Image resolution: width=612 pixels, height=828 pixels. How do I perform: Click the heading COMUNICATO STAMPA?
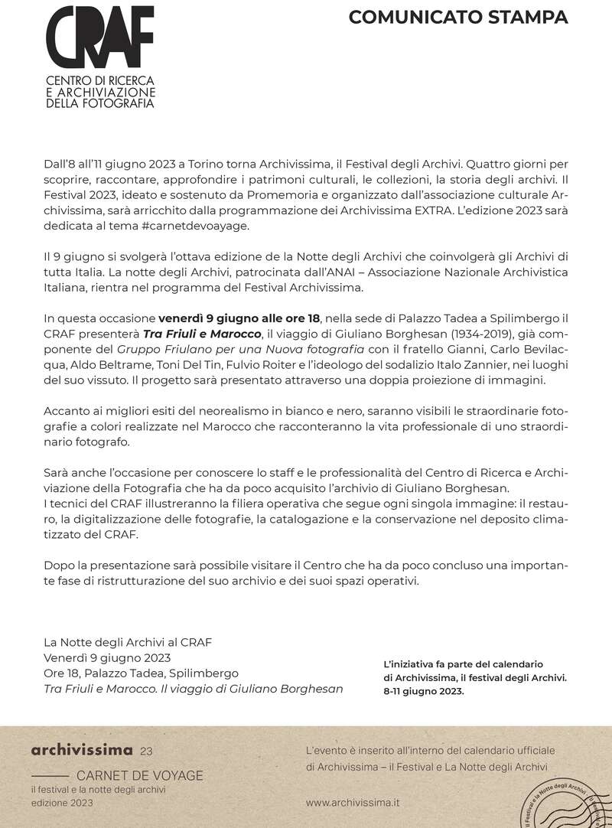(x=458, y=18)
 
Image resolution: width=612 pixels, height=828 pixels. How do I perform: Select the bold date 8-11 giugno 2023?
(x=425, y=690)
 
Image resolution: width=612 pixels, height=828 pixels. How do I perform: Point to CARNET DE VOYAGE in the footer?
(x=140, y=775)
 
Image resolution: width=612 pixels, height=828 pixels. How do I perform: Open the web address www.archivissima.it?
(x=352, y=803)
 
